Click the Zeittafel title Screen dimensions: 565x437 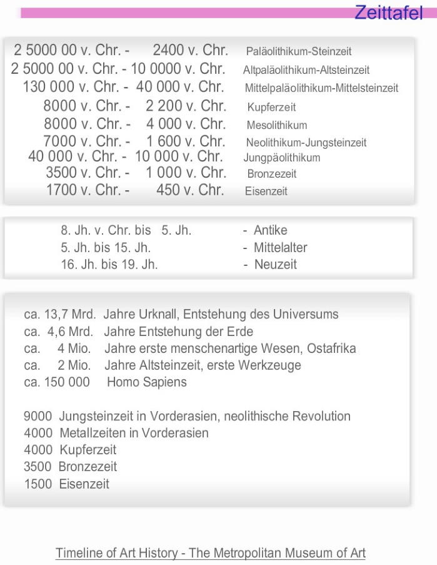pos(388,13)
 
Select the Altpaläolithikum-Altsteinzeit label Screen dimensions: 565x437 pos(306,70)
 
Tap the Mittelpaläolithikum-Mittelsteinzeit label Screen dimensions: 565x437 pos(321,88)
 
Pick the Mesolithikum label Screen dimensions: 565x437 pos(276,125)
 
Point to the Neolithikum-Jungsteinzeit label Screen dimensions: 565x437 pos(306,143)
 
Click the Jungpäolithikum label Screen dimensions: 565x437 pos(281,158)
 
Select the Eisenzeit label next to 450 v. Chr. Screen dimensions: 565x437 pos(266,192)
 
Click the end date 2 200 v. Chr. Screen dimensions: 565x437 pos(186,106)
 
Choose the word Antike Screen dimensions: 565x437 pos(270,230)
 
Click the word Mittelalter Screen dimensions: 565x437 pos(280,248)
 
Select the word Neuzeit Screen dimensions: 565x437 pos(275,265)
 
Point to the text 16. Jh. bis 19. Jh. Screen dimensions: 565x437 pos(109,265)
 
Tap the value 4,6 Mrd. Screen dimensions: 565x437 pos(70,332)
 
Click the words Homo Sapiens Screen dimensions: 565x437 pos(146,382)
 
